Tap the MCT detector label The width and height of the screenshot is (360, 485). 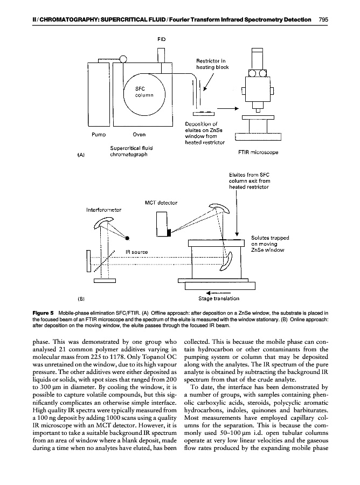click(161, 203)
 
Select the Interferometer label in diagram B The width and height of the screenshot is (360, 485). click(103, 210)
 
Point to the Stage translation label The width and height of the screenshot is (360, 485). click(219, 298)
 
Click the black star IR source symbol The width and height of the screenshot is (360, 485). click(128, 237)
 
